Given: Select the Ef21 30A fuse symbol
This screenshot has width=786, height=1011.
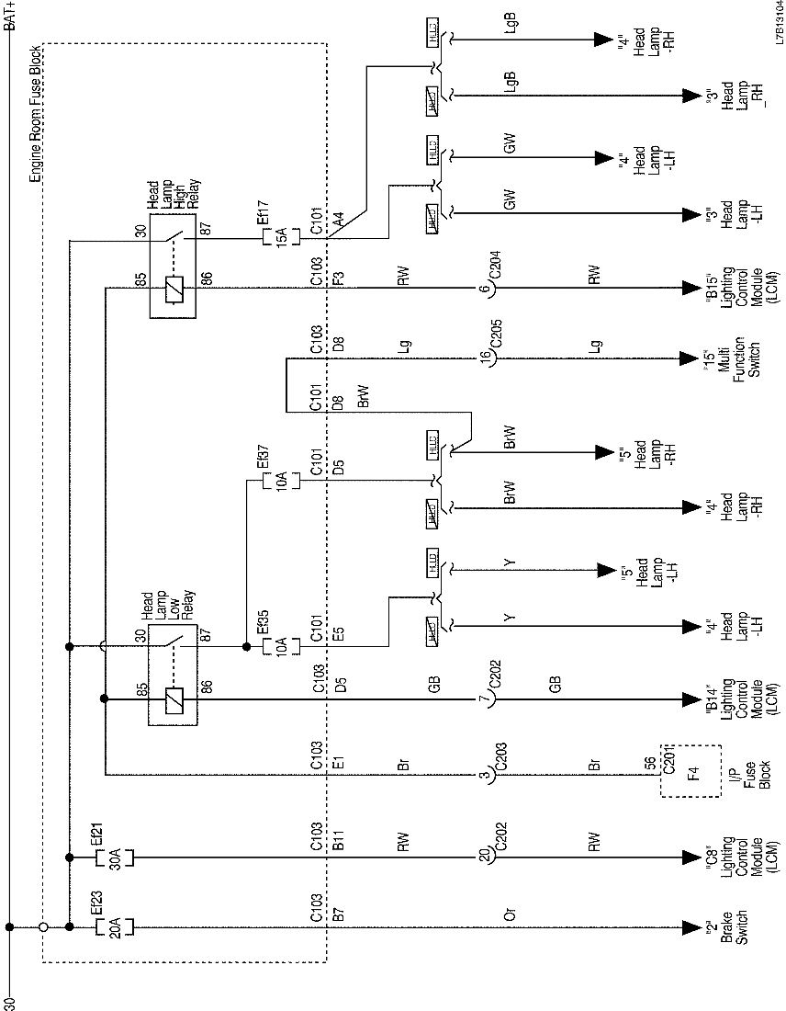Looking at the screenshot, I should point(115,857).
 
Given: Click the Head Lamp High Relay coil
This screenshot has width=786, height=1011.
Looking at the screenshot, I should point(170,289).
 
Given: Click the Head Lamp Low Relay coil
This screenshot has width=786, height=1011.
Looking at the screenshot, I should point(170,699).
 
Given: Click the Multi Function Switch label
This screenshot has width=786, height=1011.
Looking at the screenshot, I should point(731,358).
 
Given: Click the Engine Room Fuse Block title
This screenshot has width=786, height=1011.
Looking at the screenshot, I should point(35,115).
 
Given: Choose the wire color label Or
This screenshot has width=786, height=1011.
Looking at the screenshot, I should point(511,915).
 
